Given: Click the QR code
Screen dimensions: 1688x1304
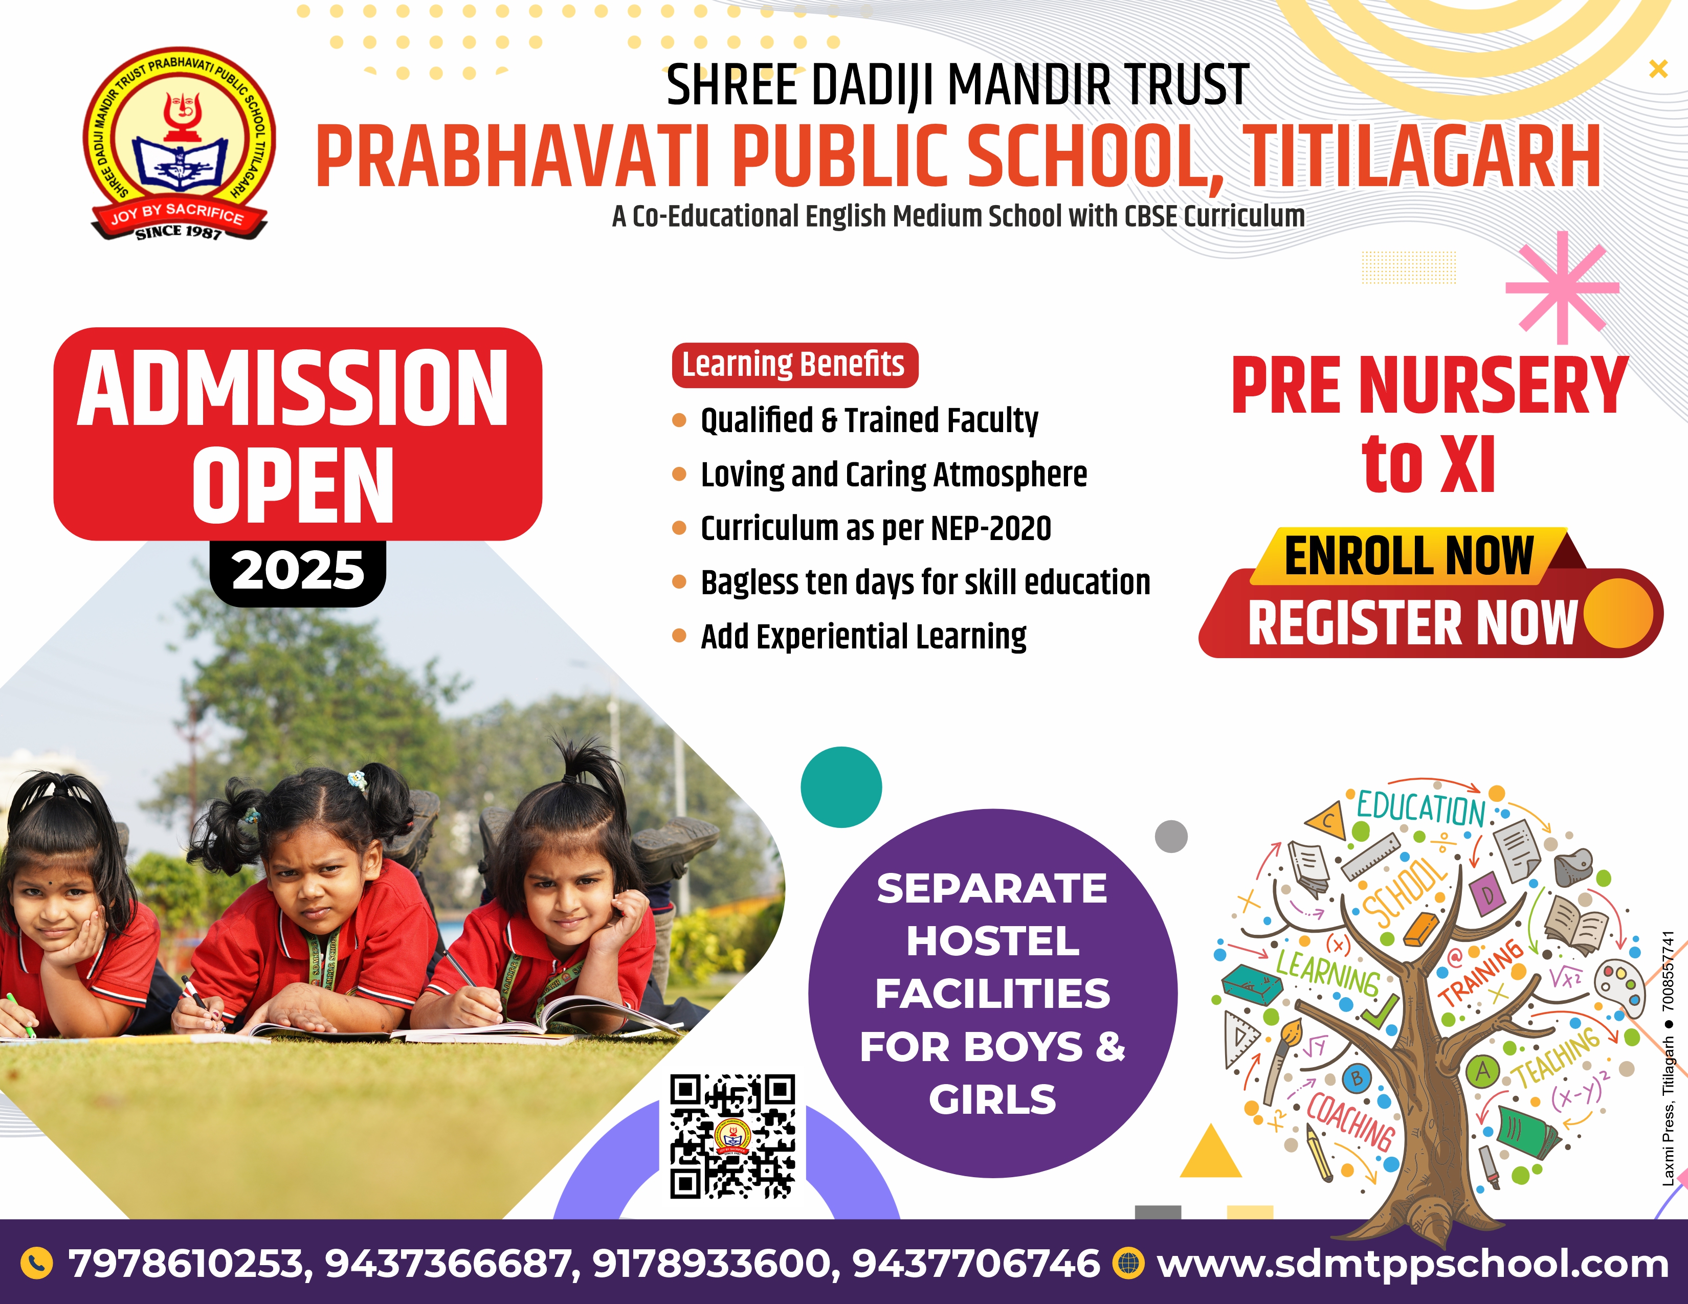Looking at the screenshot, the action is pos(732,1136).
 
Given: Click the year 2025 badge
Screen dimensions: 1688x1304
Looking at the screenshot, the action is pos(298,572).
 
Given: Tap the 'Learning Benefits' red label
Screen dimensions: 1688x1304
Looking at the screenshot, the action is pos(794,365).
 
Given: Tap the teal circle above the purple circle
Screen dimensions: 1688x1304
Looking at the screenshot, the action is pos(841,787).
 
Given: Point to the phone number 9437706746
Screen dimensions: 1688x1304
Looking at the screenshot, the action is pos(975,1264).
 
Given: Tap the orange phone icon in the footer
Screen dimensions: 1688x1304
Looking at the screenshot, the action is pos(36,1264).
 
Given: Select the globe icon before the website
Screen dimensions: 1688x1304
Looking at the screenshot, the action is pos(1128,1264).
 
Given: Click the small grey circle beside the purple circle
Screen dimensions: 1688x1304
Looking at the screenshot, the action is pos(1171,837).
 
